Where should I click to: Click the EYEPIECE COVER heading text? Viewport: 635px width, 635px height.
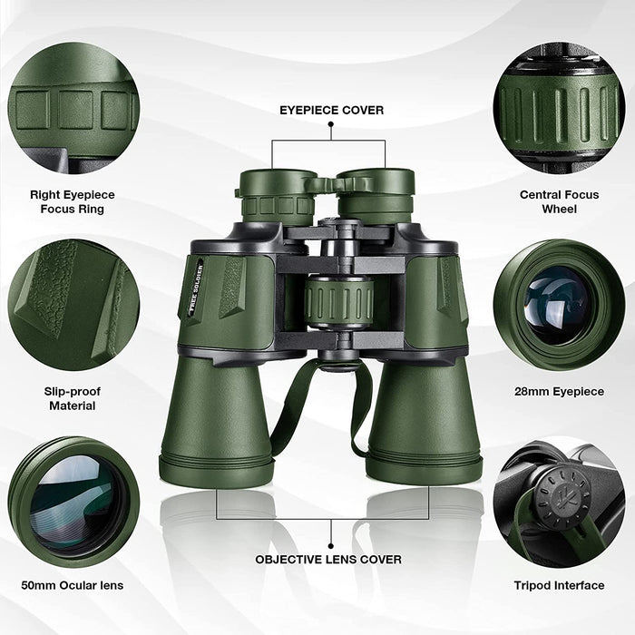(330, 111)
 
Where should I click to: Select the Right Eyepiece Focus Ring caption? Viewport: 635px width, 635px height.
(73, 202)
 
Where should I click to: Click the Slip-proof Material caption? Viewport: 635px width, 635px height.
(73, 398)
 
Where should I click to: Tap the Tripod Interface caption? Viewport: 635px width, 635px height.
(560, 585)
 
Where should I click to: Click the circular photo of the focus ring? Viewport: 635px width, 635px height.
(73, 106)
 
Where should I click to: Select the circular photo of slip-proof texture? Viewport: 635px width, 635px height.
(73, 305)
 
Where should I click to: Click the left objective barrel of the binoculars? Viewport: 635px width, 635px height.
(215, 417)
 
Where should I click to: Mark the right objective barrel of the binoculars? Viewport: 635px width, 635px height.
(424, 417)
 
